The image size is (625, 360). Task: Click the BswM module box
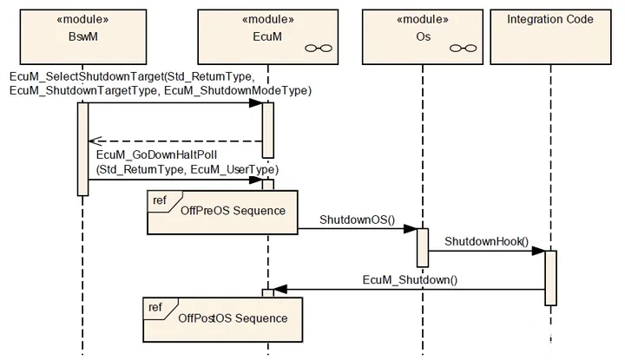[x=83, y=37]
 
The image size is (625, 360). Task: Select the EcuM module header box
[x=268, y=37]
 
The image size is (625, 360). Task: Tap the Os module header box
[x=423, y=37]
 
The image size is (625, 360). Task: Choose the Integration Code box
[x=550, y=37]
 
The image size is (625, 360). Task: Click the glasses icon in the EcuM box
[x=319, y=49]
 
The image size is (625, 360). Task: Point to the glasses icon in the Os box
[x=464, y=49]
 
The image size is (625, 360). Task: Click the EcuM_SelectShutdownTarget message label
[x=161, y=83]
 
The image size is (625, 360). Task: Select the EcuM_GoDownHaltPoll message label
[x=187, y=162]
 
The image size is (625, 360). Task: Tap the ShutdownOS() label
[x=357, y=219]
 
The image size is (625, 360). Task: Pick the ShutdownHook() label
[x=487, y=241]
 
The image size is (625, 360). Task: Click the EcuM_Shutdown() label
[x=410, y=279]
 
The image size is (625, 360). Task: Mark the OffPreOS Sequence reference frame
[x=222, y=213]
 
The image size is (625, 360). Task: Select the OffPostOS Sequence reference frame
[x=223, y=319]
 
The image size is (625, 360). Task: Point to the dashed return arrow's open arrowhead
[x=95, y=141]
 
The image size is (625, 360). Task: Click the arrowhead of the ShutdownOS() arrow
[x=410, y=229]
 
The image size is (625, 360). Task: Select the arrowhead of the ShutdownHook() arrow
[x=538, y=251]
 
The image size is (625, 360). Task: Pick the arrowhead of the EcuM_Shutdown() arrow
[x=280, y=290]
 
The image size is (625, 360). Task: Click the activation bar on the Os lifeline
[x=423, y=248]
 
